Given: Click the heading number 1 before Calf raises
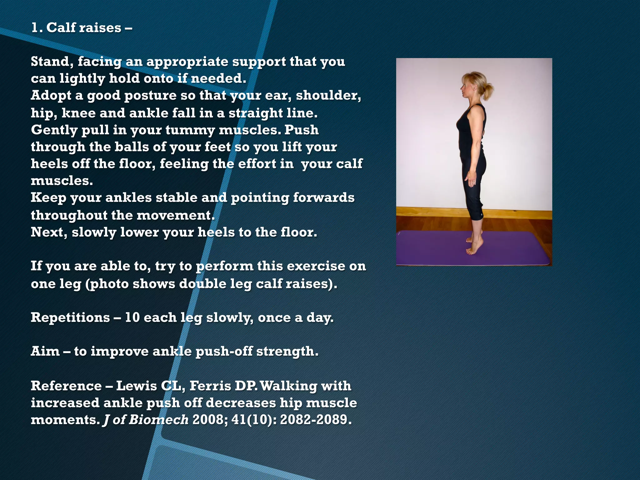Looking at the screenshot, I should tap(36, 28).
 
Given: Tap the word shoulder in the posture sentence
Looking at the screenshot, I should tap(328, 95).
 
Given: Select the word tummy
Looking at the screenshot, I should tap(190, 130).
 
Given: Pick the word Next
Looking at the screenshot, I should tap(48, 232).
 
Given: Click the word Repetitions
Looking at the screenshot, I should tap(70, 317).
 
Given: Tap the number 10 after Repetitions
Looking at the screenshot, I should tap(132, 317).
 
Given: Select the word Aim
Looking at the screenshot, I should tap(45, 352).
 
